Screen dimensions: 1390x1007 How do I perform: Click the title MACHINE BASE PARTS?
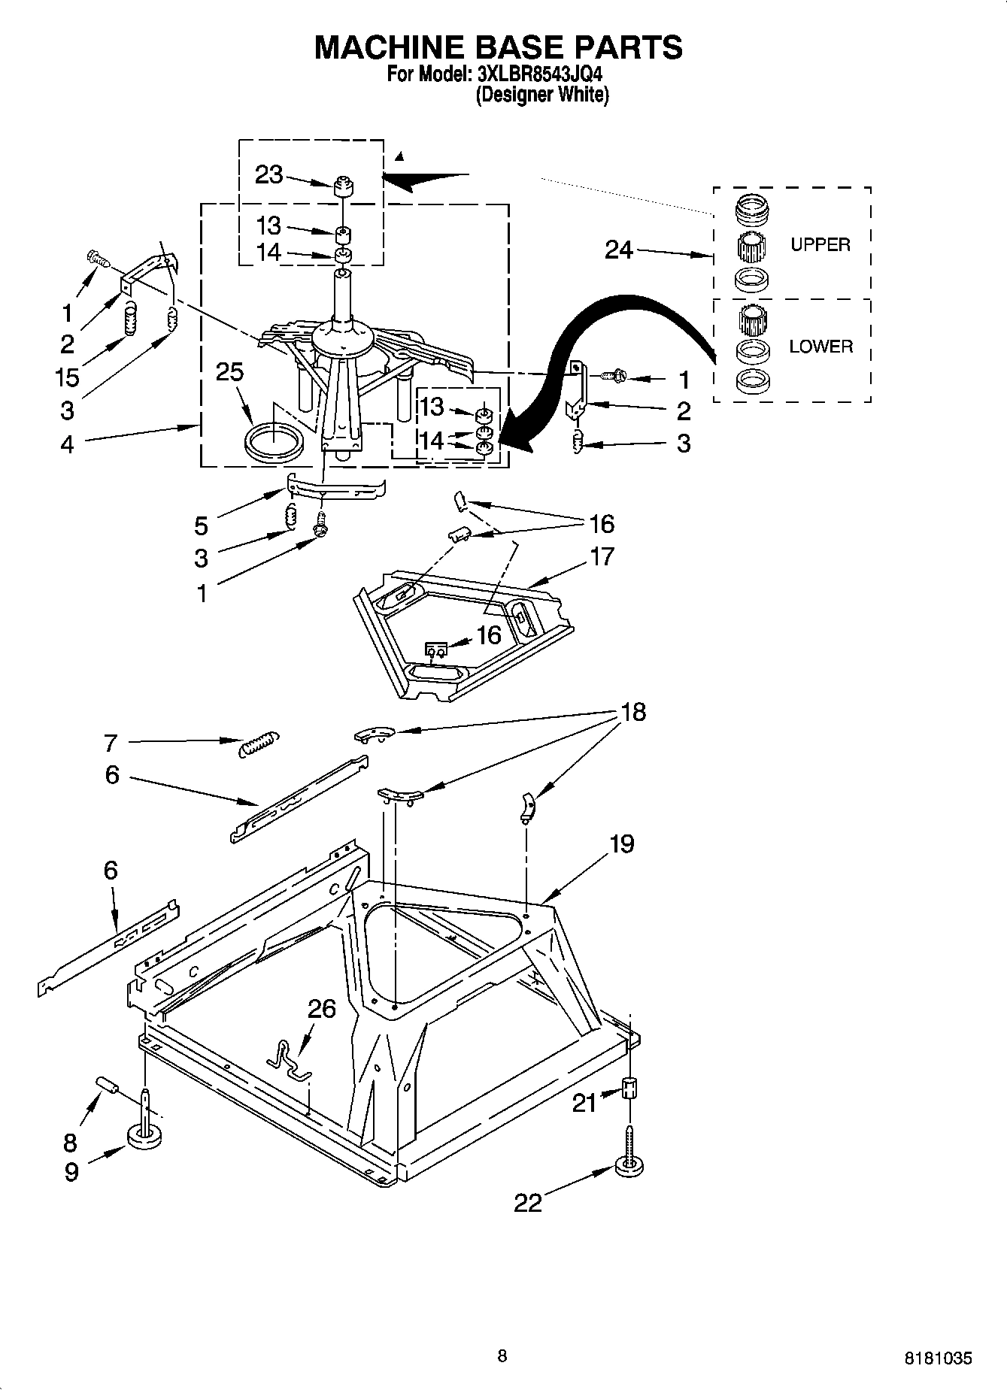(x=498, y=47)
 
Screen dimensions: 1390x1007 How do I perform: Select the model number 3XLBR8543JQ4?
(x=539, y=75)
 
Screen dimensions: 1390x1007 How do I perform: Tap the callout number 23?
(x=268, y=174)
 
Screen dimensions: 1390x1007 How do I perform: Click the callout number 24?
(x=619, y=250)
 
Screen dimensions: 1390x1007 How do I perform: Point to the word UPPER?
(x=820, y=244)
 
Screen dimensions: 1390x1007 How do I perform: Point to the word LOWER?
(x=820, y=347)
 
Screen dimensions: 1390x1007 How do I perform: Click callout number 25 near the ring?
(x=229, y=371)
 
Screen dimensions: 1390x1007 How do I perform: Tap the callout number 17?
(x=602, y=556)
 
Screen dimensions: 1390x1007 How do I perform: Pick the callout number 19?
(x=621, y=843)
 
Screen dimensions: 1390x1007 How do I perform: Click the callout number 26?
(x=322, y=1008)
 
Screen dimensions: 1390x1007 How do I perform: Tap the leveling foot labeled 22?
(x=629, y=1166)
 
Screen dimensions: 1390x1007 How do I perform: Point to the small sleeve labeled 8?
(x=108, y=1085)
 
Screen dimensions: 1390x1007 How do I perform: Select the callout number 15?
(x=68, y=377)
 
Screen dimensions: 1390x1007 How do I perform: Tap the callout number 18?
(x=633, y=711)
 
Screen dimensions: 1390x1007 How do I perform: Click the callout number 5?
(x=202, y=524)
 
